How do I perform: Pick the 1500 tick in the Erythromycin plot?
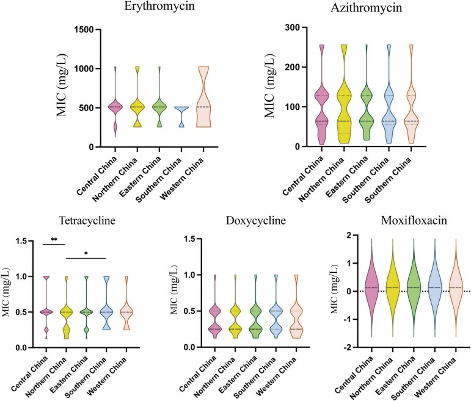83,29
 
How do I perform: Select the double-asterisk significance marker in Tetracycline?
54,242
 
